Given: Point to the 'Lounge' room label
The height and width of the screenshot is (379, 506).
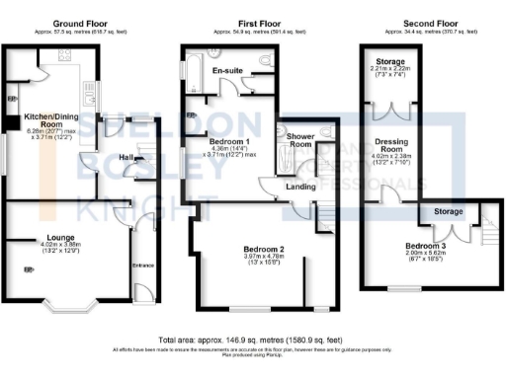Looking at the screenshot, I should point(40,237).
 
